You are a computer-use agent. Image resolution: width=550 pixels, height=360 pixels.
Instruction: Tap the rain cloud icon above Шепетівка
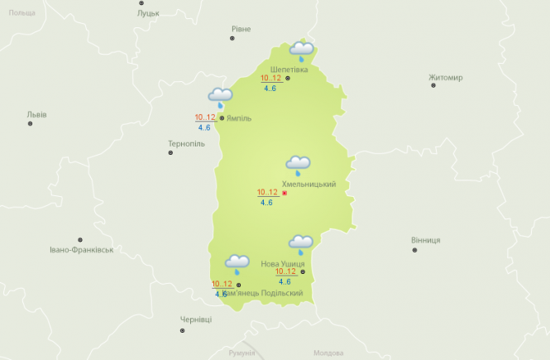tap(301, 51)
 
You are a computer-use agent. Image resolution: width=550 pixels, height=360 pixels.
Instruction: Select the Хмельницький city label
tap(308, 184)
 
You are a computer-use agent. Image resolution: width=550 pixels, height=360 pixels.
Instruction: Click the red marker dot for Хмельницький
tap(285, 193)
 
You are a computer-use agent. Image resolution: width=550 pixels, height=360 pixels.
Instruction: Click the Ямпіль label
tap(239, 118)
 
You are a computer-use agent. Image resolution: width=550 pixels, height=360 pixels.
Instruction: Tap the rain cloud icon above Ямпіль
tap(220, 98)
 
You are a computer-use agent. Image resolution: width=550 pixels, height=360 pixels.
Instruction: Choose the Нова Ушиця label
tap(282, 263)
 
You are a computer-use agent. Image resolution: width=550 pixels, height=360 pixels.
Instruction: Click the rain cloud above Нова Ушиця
tap(300, 244)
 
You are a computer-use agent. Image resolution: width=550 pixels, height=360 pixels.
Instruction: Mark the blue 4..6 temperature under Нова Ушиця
tap(285, 281)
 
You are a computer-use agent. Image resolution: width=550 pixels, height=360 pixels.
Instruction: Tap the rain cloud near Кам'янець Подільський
tap(237, 264)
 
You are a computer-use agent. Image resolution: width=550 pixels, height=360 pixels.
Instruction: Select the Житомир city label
tap(446, 78)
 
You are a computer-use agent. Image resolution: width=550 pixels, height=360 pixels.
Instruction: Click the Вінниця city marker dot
tap(414, 250)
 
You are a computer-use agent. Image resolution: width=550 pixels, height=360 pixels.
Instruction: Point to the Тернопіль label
tap(186, 143)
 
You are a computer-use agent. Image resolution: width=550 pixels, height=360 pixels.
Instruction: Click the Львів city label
tap(36, 114)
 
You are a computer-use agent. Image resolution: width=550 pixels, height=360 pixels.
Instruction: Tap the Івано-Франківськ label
tap(81, 249)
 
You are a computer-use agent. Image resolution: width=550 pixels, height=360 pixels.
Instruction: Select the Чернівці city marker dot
tap(183, 331)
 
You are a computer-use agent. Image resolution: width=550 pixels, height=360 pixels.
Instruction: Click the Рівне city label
tap(241, 29)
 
